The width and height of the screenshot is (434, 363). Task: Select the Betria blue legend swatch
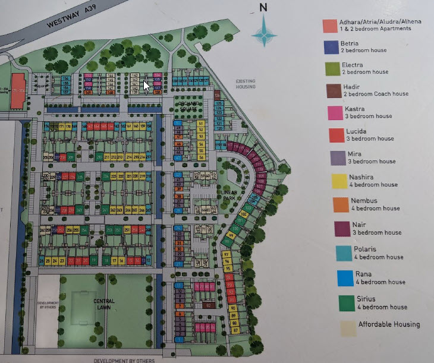pos(331,47)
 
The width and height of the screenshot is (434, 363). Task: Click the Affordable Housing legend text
pos(389,324)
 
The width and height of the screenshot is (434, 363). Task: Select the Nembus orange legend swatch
pos(341,204)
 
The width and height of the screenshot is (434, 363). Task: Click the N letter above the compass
pos(263,8)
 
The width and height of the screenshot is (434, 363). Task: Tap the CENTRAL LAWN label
pos(103,304)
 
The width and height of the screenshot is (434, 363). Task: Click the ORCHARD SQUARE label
pos(188,106)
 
